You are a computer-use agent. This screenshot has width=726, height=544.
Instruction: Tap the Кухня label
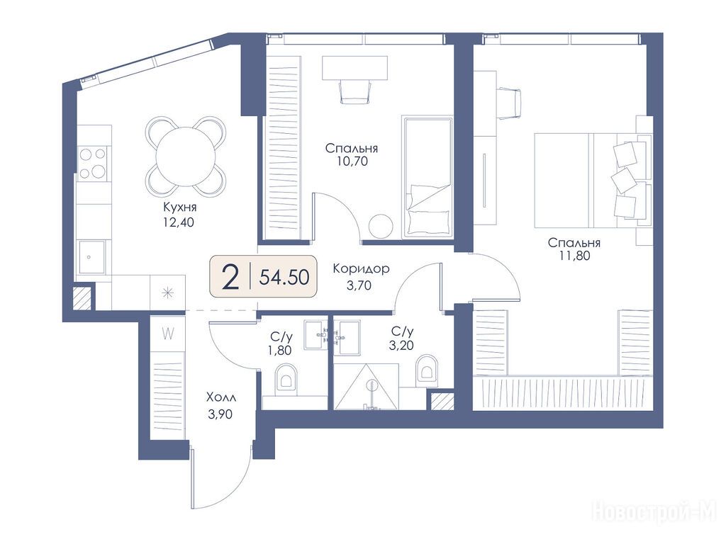pyautogui.click(x=179, y=207)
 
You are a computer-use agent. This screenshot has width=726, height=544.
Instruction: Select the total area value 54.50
pyautogui.click(x=284, y=277)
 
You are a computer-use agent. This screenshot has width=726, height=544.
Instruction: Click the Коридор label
pyautogui.click(x=361, y=268)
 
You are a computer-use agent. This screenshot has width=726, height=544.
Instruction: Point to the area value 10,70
pyautogui.click(x=353, y=161)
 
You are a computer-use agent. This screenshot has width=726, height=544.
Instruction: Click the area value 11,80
pyautogui.click(x=574, y=255)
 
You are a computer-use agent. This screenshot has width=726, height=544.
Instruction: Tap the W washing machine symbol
pyautogui.click(x=167, y=333)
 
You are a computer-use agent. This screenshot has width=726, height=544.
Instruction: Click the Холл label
pyautogui.click(x=221, y=397)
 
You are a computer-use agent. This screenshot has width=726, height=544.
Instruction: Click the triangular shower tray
pyautogui.click(x=367, y=387)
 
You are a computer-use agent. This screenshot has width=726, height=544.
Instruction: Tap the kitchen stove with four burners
pyautogui.click(x=93, y=163)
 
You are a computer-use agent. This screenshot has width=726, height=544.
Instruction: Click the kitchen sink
pyautogui.click(x=91, y=256)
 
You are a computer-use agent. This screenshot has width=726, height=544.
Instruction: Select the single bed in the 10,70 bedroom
pyautogui.click(x=427, y=176)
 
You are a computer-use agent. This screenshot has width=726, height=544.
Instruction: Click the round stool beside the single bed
pyautogui.click(x=381, y=226)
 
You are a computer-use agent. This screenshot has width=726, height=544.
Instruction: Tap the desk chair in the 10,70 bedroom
pyautogui.click(x=356, y=91)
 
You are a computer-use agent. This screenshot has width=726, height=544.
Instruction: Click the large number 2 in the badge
pyautogui.click(x=230, y=276)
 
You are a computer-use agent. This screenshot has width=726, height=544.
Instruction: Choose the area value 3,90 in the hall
pyautogui.click(x=220, y=414)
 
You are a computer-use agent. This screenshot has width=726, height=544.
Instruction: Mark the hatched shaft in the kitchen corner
pyautogui.click(x=82, y=298)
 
